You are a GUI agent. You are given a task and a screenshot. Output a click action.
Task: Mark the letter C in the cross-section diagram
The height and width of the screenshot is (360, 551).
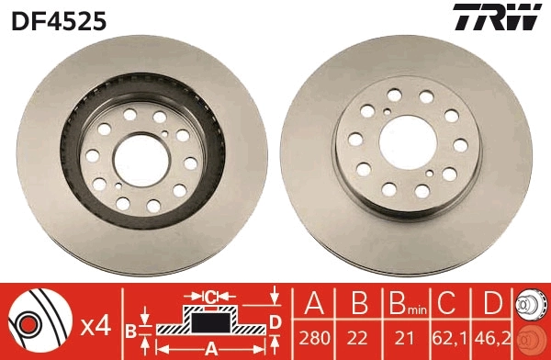click(210, 297)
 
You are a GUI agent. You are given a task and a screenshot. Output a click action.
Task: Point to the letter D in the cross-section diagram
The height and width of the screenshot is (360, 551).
click(275, 320)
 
